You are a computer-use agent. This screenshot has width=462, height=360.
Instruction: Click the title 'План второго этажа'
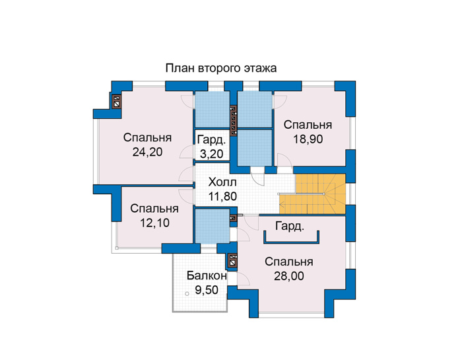coord(220,68)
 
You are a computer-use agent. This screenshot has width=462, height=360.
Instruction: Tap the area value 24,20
coord(147,152)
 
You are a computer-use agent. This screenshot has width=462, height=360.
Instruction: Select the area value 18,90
coord(308,139)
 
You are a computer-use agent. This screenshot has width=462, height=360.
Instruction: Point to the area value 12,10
coord(154,223)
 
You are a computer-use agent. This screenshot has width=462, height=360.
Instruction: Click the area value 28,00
coord(289,276)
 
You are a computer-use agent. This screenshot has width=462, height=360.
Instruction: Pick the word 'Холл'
coord(222,182)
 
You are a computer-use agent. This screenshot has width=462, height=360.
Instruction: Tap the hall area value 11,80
coord(222,196)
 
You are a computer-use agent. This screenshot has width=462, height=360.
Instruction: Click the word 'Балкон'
coord(207,275)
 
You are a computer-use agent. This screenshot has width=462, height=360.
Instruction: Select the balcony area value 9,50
coord(207,290)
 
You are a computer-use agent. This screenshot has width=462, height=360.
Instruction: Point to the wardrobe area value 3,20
coord(212,154)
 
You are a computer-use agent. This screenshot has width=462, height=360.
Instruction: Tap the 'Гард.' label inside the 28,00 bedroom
coord(289,227)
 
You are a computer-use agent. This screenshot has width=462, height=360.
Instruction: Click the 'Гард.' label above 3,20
coord(212,140)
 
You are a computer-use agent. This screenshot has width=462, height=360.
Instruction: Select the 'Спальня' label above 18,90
coord(308,125)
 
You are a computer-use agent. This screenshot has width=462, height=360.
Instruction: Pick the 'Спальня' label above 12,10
coord(154,209)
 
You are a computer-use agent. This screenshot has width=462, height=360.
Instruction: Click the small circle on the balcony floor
coord(187,294)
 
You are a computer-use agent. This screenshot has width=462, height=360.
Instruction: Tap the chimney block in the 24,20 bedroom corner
coord(117,102)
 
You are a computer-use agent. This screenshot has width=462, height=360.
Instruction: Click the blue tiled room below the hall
coord(213,226)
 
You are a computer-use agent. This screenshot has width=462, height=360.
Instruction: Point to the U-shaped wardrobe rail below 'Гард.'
coord(292,242)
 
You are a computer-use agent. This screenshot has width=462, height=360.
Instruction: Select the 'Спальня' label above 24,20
coord(147,137)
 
